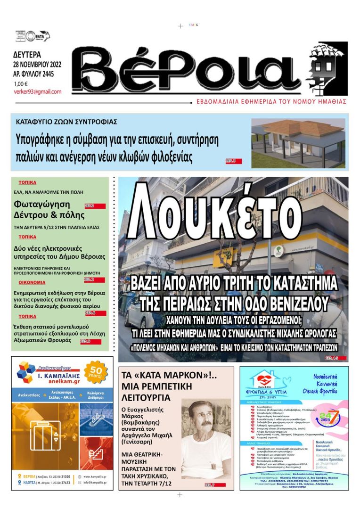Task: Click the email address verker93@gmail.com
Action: pos(38,92)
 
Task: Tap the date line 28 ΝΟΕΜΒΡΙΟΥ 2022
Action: pos(41,65)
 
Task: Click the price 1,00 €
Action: pos(21,84)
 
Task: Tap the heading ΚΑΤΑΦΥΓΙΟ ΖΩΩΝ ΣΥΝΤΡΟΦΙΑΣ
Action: pos(66,122)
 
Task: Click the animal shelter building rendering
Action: pos(298,142)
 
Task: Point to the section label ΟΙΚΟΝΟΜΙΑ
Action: pos(32,282)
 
